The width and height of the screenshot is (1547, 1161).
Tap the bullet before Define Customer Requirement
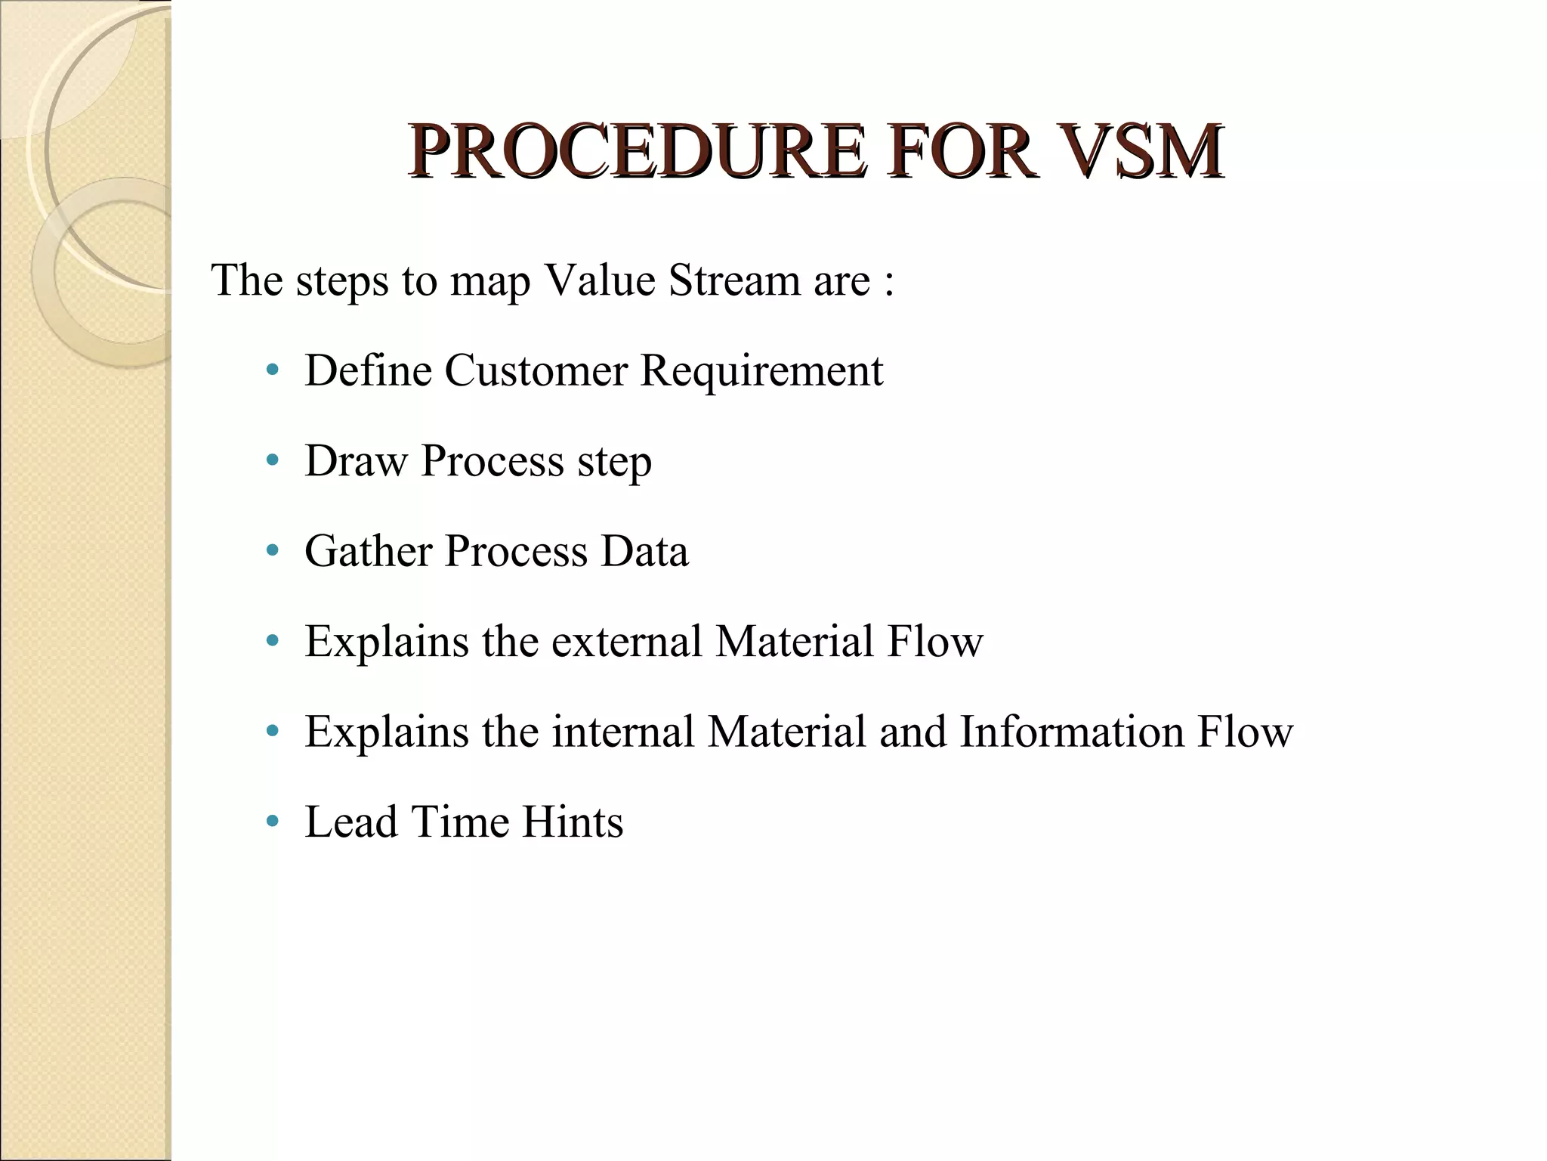pyautogui.click(x=273, y=371)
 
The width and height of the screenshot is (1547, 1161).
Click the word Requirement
pyautogui.click(x=761, y=372)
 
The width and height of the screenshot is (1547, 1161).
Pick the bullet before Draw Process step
pyautogui.click(x=273, y=460)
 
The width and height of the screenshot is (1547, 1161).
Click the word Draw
pyautogui.click(x=356, y=460)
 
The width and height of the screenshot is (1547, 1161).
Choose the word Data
pyautogui.click(x=644, y=550)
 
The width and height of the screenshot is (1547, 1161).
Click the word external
pyautogui.click(x=626, y=641)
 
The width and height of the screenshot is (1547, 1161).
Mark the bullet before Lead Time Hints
pyautogui.click(x=273, y=822)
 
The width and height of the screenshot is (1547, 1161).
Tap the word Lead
pyautogui.click(x=350, y=822)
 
